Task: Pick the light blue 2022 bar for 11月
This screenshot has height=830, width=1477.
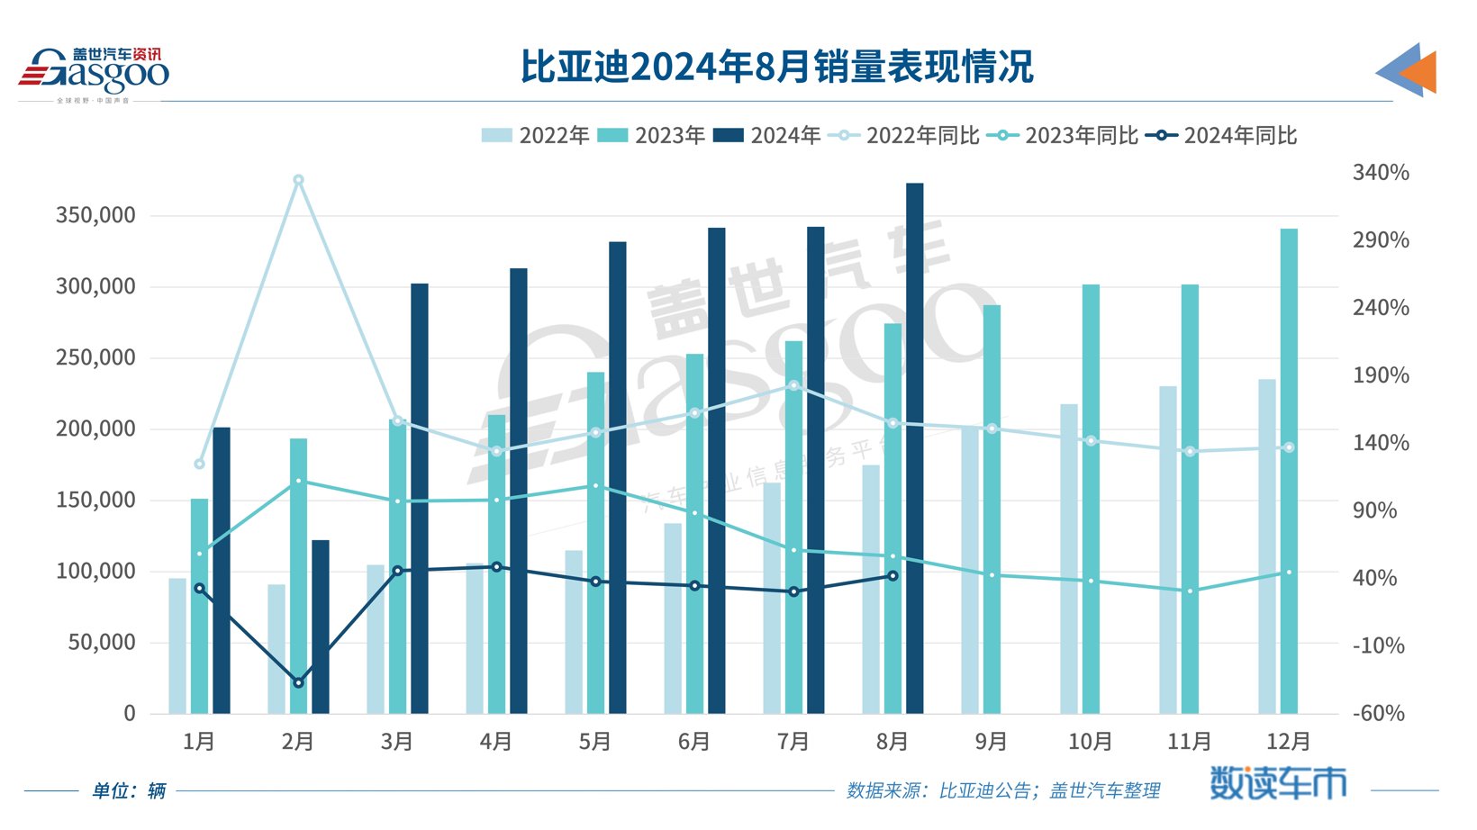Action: [x=1168, y=550]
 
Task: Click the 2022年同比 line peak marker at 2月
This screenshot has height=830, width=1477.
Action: [x=298, y=180]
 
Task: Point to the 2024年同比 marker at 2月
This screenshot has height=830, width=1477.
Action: [x=298, y=682]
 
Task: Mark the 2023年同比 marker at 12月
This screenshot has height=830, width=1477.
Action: [x=1289, y=573]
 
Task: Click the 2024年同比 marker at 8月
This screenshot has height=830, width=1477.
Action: [x=893, y=576]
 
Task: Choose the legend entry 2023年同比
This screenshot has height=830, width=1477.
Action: [x=1063, y=136]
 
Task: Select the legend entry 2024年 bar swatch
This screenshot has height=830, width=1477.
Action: [x=728, y=136]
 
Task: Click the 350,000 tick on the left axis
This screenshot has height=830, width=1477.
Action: [x=95, y=215]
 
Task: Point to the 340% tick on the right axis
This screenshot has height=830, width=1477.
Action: [x=1380, y=172]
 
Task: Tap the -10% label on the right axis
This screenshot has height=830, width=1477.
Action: [x=1378, y=645]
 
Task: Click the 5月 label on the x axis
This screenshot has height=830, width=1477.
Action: [x=595, y=742]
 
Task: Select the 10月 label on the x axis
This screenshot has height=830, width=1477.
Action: [x=1090, y=742]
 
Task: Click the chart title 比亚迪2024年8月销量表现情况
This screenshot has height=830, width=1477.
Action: [x=776, y=68]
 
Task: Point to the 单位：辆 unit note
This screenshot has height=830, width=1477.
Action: [x=129, y=790]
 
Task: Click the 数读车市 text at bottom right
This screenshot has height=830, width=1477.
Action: [x=1277, y=784]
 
